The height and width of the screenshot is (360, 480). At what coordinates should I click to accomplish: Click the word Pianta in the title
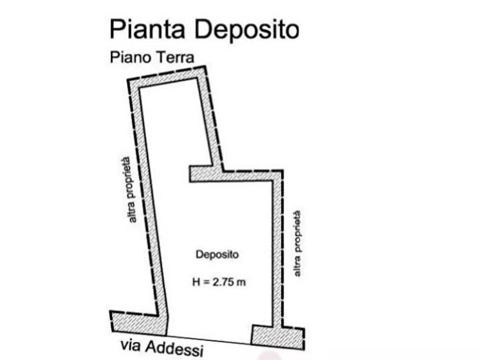click(147, 30)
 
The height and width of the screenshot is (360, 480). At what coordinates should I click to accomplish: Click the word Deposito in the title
click(247, 30)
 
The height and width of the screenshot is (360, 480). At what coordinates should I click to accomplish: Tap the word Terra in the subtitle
click(175, 57)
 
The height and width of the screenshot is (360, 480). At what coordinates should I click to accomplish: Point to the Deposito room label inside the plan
click(217, 254)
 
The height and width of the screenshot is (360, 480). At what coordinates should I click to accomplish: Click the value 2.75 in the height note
click(224, 282)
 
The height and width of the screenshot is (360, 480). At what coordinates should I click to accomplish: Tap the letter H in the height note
click(196, 282)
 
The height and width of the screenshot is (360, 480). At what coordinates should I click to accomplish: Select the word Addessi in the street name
click(175, 348)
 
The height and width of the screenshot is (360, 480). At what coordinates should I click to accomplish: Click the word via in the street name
click(131, 345)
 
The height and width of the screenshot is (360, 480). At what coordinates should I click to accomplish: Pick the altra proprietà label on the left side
click(128, 190)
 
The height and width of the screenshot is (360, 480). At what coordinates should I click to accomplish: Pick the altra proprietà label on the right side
click(297, 244)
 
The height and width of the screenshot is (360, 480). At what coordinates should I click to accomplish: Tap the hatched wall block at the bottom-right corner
click(278, 337)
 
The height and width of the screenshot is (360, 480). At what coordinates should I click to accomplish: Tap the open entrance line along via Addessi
click(209, 340)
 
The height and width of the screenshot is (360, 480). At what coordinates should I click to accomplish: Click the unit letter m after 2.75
click(241, 283)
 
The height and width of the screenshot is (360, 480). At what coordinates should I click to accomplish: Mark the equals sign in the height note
click(206, 282)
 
